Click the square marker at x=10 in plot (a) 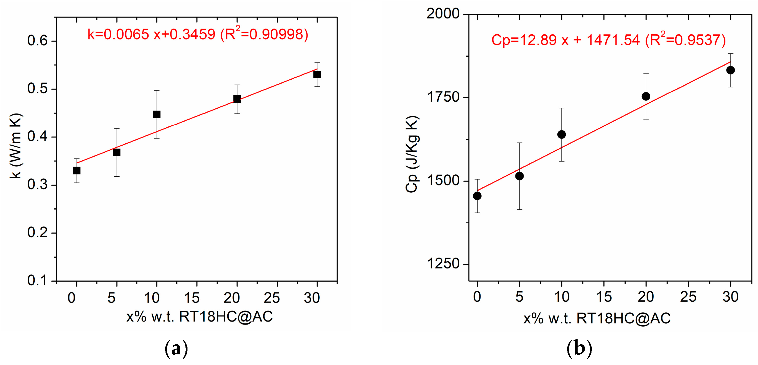click(157, 114)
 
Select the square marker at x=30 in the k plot click(317, 75)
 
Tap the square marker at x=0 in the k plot click(77, 170)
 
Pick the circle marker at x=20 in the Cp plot click(646, 96)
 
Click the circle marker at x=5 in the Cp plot click(520, 176)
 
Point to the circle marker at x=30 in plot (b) click(730, 70)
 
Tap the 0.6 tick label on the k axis click(37, 41)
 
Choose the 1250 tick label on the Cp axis click(443, 263)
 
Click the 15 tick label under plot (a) click(192, 298)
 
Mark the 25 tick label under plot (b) click(688, 296)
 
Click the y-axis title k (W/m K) click(15, 146)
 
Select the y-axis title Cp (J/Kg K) click(412, 154)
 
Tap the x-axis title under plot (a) click(200, 317)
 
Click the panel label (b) click(579, 349)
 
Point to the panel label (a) click(176, 349)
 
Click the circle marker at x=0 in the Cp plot click(477, 196)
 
